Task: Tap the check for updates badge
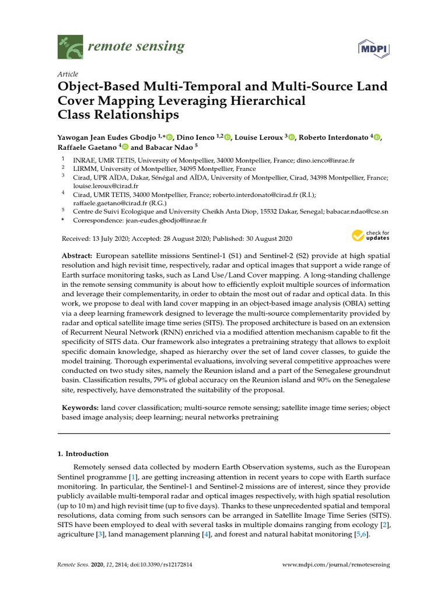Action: (x=370, y=236)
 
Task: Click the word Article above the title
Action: (x=67, y=74)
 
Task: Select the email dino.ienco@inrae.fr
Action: (x=329, y=159)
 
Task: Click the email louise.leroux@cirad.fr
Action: (x=101, y=187)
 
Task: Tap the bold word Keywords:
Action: (x=80, y=408)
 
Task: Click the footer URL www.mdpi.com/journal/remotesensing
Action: (x=336, y=565)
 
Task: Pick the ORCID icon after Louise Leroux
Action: (x=292, y=137)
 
